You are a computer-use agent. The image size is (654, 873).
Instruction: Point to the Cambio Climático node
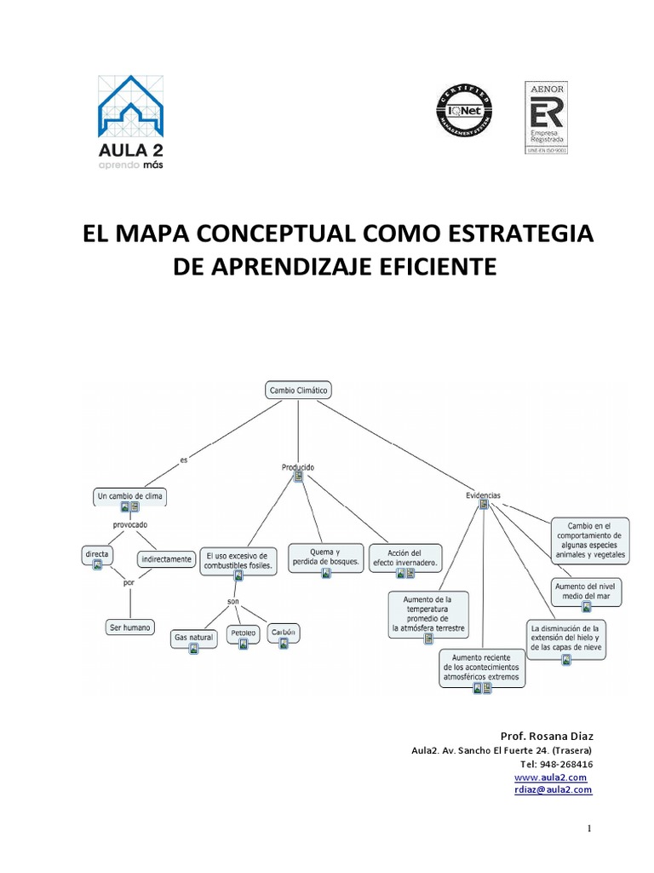click(298, 390)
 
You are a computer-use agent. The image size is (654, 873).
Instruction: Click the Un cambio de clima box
click(129, 495)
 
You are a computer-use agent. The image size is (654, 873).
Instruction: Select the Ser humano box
click(130, 627)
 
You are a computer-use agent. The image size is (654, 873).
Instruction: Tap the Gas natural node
click(193, 637)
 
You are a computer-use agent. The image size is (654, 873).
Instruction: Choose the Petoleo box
click(244, 634)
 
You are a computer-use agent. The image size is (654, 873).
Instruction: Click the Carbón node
click(284, 633)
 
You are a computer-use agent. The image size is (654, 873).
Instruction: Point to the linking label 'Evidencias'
click(483, 494)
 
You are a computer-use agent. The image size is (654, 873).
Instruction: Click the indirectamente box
click(167, 560)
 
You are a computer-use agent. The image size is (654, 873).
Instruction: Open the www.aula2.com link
click(551, 778)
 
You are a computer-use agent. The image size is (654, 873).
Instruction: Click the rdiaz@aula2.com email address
click(554, 789)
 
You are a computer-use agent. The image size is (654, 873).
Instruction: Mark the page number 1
click(588, 828)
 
